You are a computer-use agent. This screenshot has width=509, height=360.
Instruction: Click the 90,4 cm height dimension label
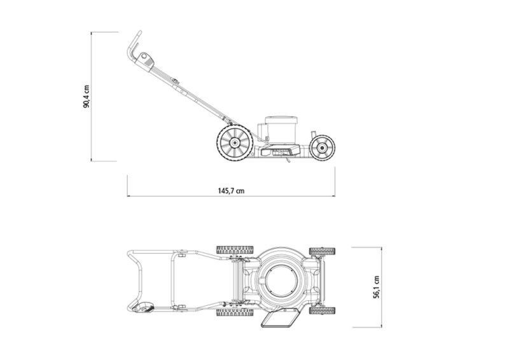pos(86,97)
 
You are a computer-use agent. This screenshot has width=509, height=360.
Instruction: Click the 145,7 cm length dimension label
pos(231,191)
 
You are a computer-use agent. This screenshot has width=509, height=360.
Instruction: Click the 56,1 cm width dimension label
pos(376,287)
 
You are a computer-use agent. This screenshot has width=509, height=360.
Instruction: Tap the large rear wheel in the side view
pos(235,142)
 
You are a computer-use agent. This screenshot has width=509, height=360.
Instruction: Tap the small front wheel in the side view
pos(322,148)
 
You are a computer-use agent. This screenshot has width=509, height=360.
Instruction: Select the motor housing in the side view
pos(281,130)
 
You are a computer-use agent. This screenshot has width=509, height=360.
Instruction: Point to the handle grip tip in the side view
pos(139,32)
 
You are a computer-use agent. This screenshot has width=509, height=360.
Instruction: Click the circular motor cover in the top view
pos(280,280)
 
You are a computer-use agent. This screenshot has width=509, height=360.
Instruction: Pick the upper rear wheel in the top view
pos(235,250)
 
